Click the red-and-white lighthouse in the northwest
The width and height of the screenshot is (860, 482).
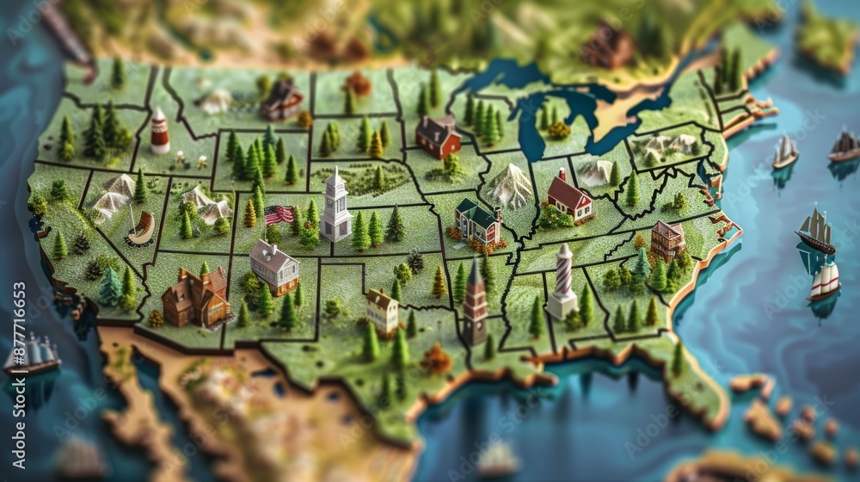coord(160,131)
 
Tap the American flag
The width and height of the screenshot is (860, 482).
coord(279,214)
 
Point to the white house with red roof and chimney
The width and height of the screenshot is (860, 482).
coord(568,197)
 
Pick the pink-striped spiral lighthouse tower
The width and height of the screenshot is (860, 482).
coord(562,281)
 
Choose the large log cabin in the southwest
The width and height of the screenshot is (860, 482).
coord(196,297)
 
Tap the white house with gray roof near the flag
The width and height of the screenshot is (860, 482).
coord(274,266)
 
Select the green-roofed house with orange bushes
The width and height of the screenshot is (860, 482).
coord(477,222)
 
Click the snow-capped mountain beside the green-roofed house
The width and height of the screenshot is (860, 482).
coord(511,185)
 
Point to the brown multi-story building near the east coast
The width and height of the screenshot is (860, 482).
coord(667,239)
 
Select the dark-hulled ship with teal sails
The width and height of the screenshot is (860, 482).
coord(814,231)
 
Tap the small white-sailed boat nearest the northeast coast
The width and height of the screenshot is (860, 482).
coord(784,152)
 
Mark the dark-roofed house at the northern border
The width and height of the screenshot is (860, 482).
coord(282,101)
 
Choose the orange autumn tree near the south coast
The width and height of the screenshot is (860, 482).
coord(437,359)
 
